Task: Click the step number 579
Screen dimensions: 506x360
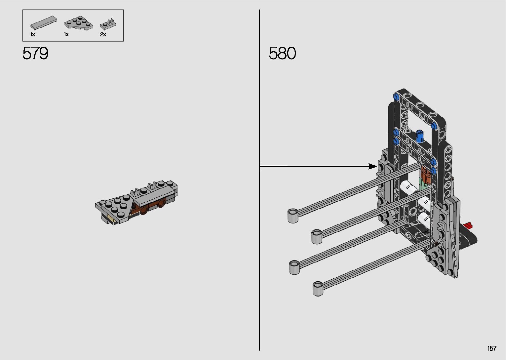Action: pyautogui.click(x=35, y=53)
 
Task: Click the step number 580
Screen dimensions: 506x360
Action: pyautogui.click(x=282, y=53)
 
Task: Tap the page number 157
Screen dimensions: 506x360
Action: pyautogui.click(x=492, y=348)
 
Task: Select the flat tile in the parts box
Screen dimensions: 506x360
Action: pyautogui.click(x=44, y=22)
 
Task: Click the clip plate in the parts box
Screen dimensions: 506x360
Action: pyautogui.click(x=108, y=24)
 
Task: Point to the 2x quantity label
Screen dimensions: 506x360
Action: pyautogui.click(x=103, y=34)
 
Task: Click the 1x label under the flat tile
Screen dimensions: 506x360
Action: pyautogui.click(x=33, y=34)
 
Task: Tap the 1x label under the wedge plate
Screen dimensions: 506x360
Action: pyautogui.click(x=66, y=34)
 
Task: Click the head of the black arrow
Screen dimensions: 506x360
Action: pyautogui.click(x=373, y=167)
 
